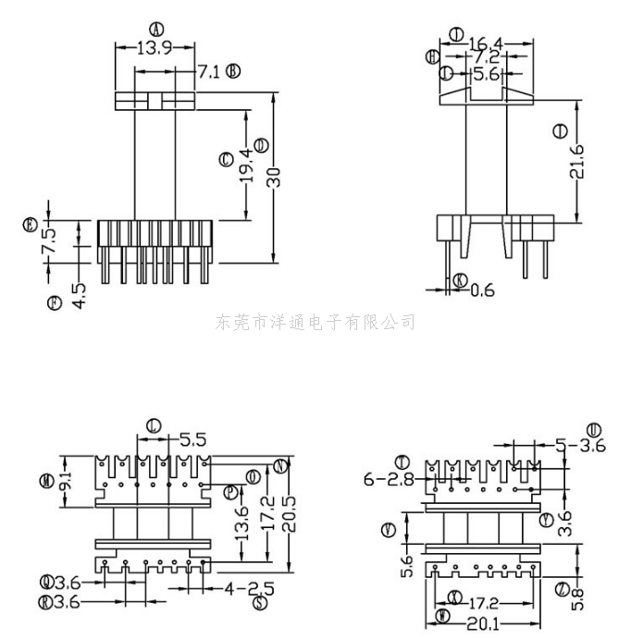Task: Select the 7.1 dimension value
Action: (x=208, y=71)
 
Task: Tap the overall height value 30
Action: (x=274, y=178)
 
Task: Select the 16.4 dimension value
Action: (x=486, y=43)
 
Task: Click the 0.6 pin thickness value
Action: (x=483, y=289)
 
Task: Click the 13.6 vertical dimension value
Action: (x=241, y=524)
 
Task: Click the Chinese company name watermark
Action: (x=315, y=322)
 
